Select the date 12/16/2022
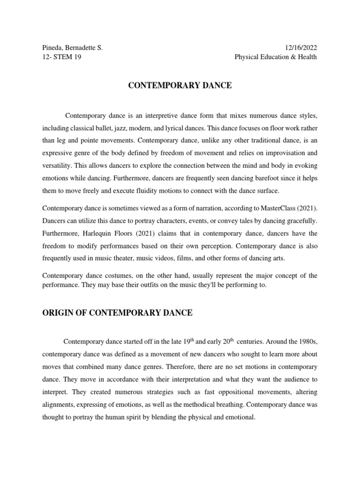[x=300, y=48]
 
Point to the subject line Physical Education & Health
[x=276, y=57]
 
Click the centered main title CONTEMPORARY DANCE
[x=180, y=86]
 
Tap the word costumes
[x=117, y=275]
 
